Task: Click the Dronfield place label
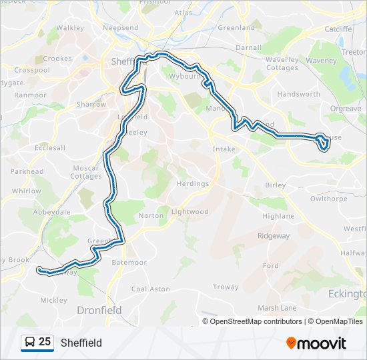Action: pyautogui.click(x=99, y=310)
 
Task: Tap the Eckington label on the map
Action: pyautogui.click(x=348, y=293)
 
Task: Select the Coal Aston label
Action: pyautogui.click(x=150, y=289)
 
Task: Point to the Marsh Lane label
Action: pyautogui.click(x=277, y=307)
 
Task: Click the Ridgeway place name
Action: pyautogui.click(x=274, y=236)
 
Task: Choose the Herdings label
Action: pyautogui.click(x=192, y=183)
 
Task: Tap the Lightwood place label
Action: pyautogui.click(x=190, y=212)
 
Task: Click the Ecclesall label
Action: pyautogui.click(x=51, y=148)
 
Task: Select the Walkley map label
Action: pyautogui.click(x=70, y=28)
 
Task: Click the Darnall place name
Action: pyautogui.click(x=249, y=48)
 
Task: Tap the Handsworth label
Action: pyautogui.click(x=298, y=95)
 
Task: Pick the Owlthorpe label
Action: pyautogui.click(x=329, y=198)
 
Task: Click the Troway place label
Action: pyautogui.click(x=226, y=287)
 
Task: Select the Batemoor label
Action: pyautogui.click(x=129, y=263)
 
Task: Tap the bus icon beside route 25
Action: pyautogui.click(x=29, y=343)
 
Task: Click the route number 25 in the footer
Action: pyautogui.click(x=45, y=342)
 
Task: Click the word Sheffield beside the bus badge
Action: pyautogui.click(x=81, y=343)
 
